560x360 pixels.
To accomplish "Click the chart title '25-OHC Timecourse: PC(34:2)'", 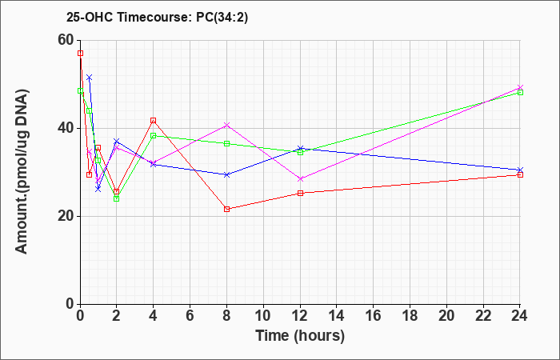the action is click(157, 17).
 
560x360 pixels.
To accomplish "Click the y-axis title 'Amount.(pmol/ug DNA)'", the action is click(22, 171).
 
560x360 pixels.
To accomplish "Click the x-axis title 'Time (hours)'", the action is click(300, 336).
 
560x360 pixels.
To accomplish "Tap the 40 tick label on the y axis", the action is click(66, 128).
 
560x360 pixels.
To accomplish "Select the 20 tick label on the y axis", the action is click(66, 216).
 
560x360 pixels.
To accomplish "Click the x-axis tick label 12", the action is click(300, 316).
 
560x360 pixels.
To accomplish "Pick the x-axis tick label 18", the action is click(410, 316).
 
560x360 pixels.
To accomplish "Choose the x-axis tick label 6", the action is click(190, 316).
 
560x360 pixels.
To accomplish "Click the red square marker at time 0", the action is click(80, 54).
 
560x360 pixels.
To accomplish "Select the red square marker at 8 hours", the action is click(226, 209).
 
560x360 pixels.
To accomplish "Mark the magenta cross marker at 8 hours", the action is click(226, 125).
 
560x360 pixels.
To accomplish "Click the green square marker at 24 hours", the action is click(520, 92).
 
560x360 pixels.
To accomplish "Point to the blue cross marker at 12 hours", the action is click(300, 148).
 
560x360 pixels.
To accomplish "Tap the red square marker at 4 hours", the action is click(154, 120).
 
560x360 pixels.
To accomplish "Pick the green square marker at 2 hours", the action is click(117, 198).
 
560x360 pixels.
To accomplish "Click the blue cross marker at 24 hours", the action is click(520, 170).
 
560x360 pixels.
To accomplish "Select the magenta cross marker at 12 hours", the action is click(300, 179).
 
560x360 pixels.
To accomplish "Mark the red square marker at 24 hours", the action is click(520, 174).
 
